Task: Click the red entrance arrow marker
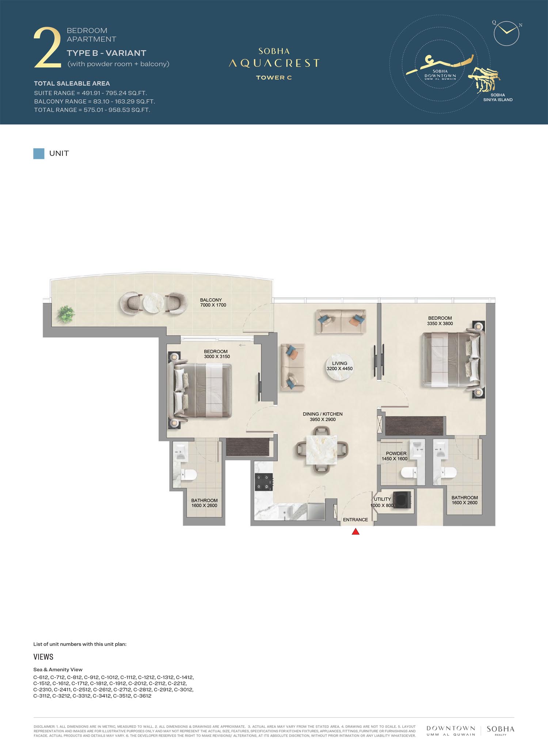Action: pos(355,532)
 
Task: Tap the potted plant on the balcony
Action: pos(66,314)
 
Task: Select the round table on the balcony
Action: pos(153,303)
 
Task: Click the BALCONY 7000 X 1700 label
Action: pos(213,303)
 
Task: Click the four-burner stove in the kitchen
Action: pos(264,482)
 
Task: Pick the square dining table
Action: pos(321,450)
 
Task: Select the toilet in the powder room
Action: pos(409,473)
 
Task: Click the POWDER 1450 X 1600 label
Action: pos(395,456)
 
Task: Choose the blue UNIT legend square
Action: pos(39,154)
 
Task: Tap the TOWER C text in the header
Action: pos(274,77)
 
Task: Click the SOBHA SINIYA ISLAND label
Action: pos(498,97)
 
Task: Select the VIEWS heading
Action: pos(43,657)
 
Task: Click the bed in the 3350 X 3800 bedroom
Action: pos(453,360)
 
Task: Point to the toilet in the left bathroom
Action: pos(189,475)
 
